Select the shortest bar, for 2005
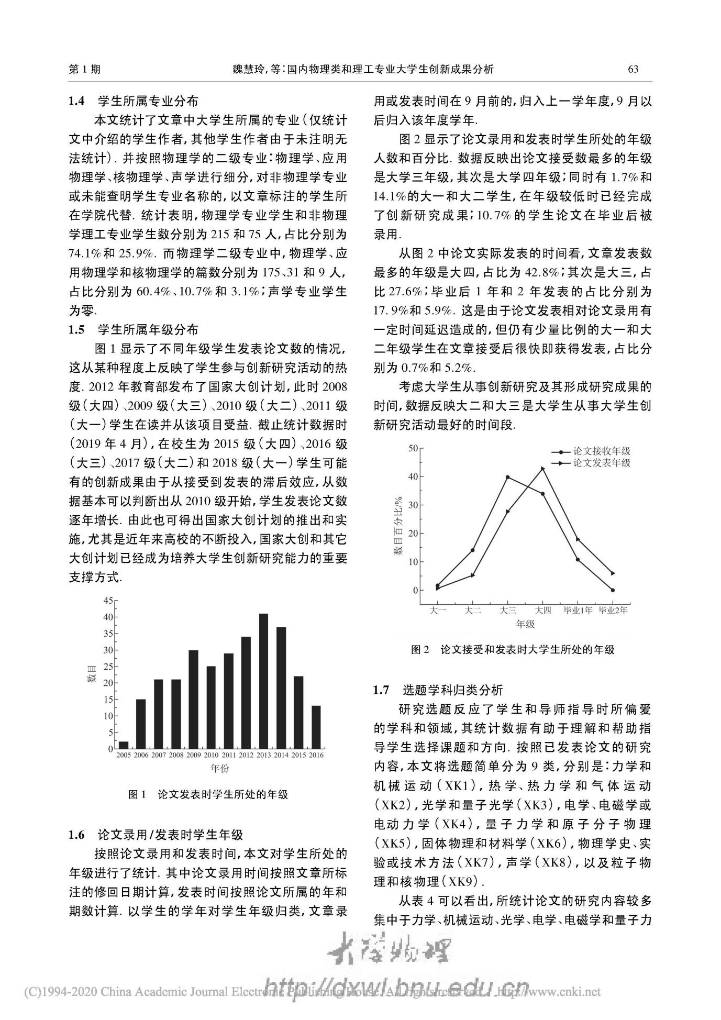click(124, 745)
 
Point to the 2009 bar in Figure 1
click(193, 699)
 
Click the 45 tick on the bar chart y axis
click(108, 600)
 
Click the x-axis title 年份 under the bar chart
click(219, 768)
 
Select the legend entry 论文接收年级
click(602, 451)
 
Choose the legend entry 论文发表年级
click(602, 463)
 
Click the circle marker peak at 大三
click(508, 477)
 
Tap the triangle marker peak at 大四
click(543, 469)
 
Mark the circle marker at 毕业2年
click(613, 590)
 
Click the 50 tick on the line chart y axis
click(413, 448)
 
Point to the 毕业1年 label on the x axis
click(578, 610)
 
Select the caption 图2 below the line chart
click(420, 650)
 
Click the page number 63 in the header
click(633, 69)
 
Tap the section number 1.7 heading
click(381, 690)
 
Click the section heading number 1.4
click(76, 101)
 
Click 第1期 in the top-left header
click(85, 69)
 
